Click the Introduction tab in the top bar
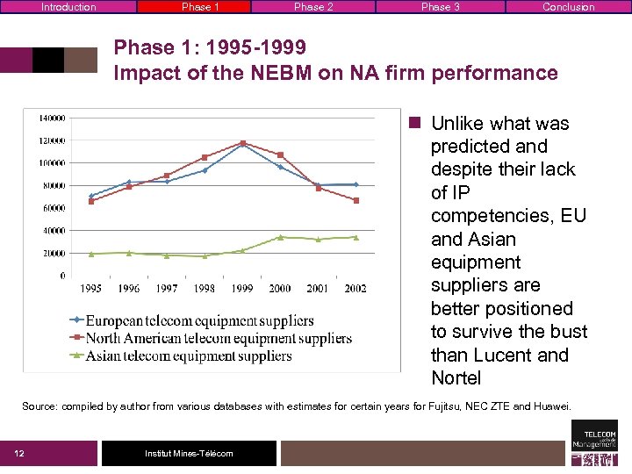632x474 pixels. pos(68,7)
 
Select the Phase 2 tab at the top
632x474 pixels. pos(313,7)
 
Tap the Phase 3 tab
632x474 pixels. pos(440,7)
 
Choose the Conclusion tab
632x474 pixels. pos(568,7)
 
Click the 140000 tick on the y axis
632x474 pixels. pos(51,118)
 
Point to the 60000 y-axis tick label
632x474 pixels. pos(53,208)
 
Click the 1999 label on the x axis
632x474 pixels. pos(242,288)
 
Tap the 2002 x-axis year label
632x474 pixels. pos(355,288)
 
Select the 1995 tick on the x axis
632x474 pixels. pos(91,288)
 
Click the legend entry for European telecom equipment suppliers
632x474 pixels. pos(198,320)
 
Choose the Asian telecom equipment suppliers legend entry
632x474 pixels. pos(188,355)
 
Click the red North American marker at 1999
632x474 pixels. pos(242,143)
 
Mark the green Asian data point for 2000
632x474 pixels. pos(280,237)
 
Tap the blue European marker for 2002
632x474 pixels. pos(355,184)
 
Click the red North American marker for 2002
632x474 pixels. pos(355,200)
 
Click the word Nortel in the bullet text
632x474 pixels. pos(456,378)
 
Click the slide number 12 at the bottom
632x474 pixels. pos(18,453)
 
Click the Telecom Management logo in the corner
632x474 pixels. pos(594,442)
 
